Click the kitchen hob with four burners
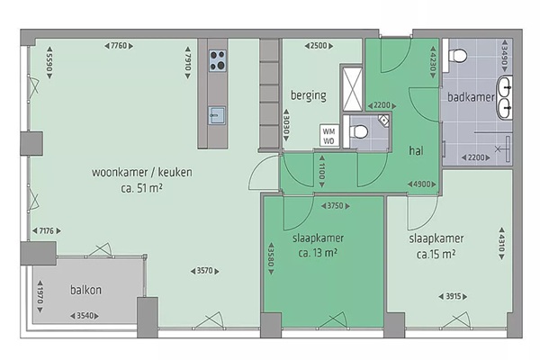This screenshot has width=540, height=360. pos(218,60)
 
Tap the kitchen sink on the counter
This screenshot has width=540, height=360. pos(217,115)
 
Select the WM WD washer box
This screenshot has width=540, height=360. pos(328,135)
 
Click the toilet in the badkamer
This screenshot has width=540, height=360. pos(458,55)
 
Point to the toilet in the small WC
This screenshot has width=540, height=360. pos(358,131)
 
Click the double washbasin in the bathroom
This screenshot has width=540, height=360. pos(505,98)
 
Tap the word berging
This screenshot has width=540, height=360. pos(309,95)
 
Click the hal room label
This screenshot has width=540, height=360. pos(416,150)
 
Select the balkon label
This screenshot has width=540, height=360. pos(85,290)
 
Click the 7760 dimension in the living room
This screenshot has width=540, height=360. pos(119,46)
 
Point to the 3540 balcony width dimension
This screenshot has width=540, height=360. pos(85,316)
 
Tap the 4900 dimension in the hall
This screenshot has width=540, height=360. pos(422,184)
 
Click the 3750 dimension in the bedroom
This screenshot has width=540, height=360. pos(336,206)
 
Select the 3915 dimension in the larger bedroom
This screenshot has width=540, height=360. pos(454,296)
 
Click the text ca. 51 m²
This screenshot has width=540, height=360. pos(141,188)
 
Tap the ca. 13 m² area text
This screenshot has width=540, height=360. pos(318,253)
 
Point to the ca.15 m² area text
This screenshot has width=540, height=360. pos(436,254)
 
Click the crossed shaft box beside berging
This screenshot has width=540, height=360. pos(353,89)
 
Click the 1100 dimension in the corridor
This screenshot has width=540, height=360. pos(321,172)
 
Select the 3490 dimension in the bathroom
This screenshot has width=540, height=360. pos(505,56)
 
